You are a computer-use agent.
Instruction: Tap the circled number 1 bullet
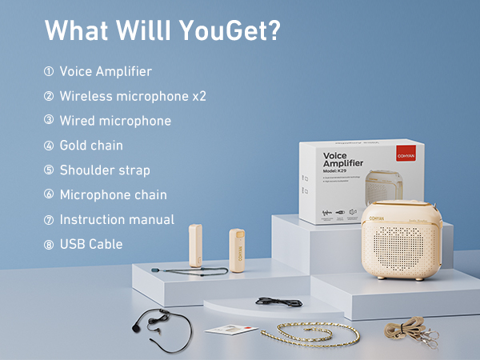pos(49,72)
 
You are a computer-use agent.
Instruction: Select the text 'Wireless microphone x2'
pos(133,96)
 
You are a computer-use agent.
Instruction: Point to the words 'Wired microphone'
pos(115,121)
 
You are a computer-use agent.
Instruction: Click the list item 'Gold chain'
pos(91,146)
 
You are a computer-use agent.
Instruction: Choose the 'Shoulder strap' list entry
pos(105,170)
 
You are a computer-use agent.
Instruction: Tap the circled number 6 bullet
pos(49,195)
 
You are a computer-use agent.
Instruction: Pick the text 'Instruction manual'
pos(117,219)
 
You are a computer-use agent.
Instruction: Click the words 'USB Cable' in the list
pos(91,244)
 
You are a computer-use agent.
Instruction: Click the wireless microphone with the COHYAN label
pos(237,250)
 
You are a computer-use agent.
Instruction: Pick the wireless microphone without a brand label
pos(194,247)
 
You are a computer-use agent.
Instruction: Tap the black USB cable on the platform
pos(275,302)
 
